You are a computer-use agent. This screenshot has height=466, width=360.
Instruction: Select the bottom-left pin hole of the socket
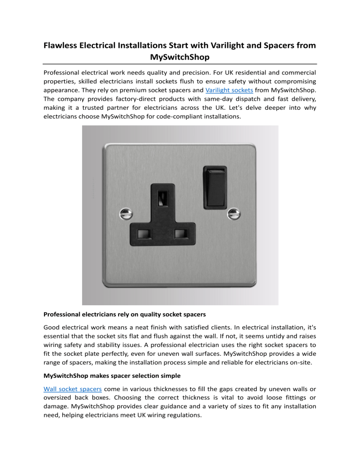point(142,233)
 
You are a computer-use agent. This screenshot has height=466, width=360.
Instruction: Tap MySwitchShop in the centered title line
point(180,58)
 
